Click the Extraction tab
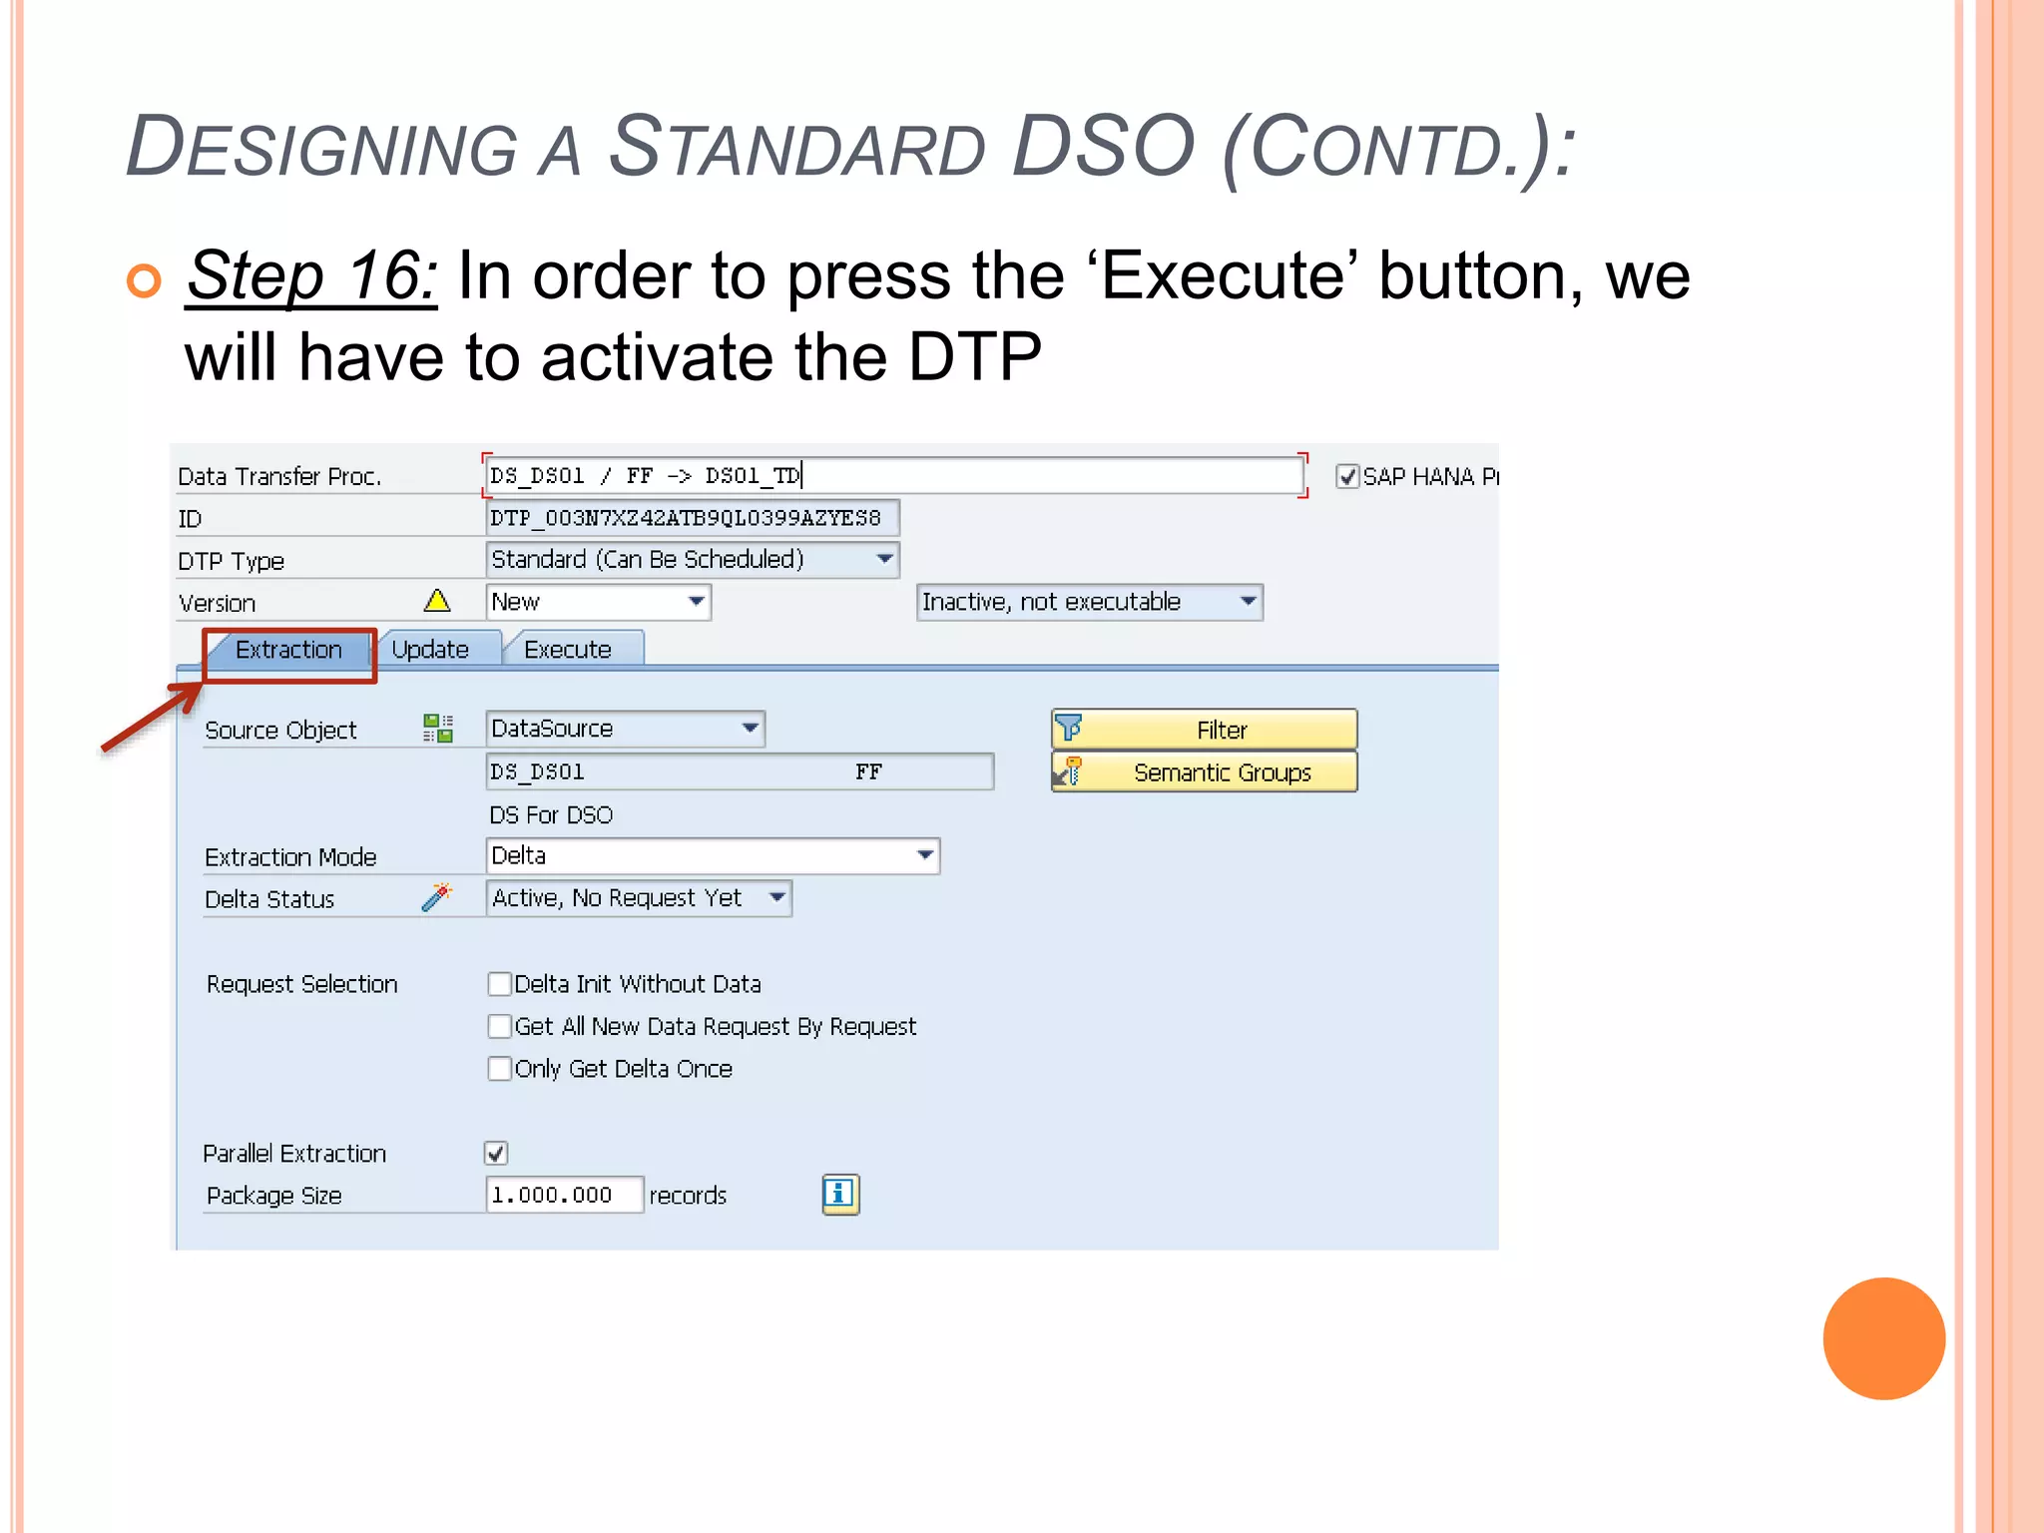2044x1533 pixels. pos(288,651)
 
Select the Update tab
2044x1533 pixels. pos(430,651)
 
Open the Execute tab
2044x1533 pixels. pos(568,651)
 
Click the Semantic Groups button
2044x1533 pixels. pos(1205,773)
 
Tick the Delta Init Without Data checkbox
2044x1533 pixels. pos(500,985)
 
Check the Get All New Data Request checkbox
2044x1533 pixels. pos(500,1027)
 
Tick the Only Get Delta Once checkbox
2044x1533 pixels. pos(500,1070)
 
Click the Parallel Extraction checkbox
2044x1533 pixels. pos(496,1154)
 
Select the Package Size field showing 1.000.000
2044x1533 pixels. pos(564,1196)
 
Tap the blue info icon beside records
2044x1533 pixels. pos(840,1195)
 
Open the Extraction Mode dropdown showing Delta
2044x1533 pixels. pos(713,856)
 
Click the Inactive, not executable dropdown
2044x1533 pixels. pos(1089,603)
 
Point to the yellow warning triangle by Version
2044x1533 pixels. pos(437,601)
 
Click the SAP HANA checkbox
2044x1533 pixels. pos(1347,477)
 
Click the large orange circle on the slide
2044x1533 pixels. pos(1883,1338)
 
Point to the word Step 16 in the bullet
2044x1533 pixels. pos(311,275)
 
